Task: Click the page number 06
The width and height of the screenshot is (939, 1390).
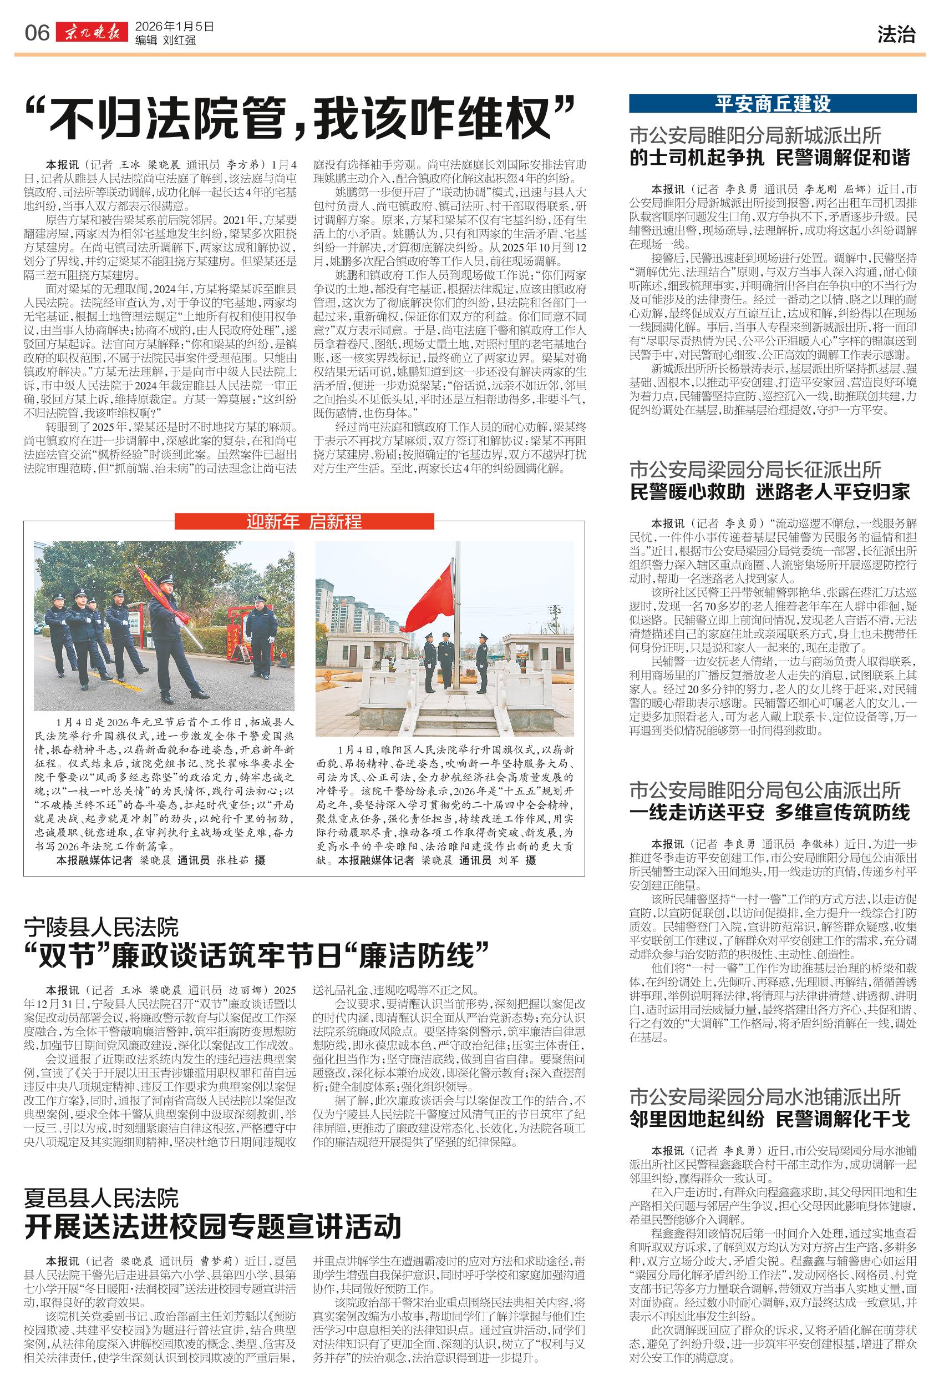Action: pyautogui.click(x=37, y=33)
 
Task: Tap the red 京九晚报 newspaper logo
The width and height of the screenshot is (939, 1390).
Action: pyautogui.click(x=92, y=33)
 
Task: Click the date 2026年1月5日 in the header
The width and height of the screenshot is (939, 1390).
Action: pyautogui.click(x=174, y=27)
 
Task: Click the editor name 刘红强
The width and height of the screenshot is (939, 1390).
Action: pyautogui.click(x=179, y=41)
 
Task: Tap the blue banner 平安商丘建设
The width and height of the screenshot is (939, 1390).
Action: pyautogui.click(x=772, y=103)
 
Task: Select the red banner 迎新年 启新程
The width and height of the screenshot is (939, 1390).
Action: pyautogui.click(x=304, y=522)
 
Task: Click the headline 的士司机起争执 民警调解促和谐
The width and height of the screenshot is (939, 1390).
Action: pyautogui.click(x=770, y=158)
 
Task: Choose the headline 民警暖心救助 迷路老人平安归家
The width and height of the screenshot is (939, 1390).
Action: pyautogui.click(x=770, y=492)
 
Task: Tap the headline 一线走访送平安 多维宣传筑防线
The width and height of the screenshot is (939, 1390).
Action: pyautogui.click(x=770, y=813)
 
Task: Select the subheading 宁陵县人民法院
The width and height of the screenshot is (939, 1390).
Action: pyautogui.click(x=101, y=928)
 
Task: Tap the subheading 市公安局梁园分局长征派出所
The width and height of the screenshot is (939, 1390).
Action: pyautogui.click(x=755, y=469)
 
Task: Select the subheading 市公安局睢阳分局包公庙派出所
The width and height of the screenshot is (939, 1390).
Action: pyautogui.click(x=764, y=790)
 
